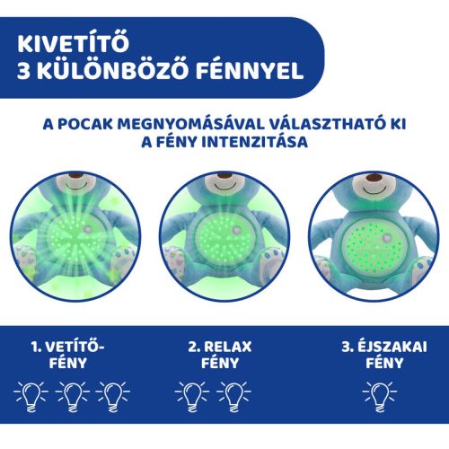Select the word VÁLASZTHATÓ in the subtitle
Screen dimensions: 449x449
click(337, 124)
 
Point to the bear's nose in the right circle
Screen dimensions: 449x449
click(375, 194)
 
